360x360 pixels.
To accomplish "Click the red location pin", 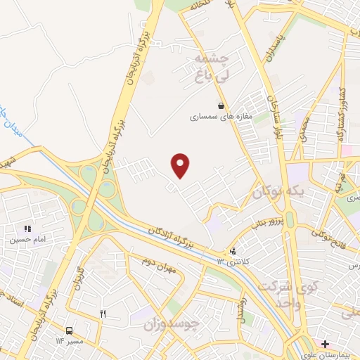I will click(181, 165).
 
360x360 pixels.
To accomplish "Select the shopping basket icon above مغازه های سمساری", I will click(221, 106).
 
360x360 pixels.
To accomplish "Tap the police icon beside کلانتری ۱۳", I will click(233, 250).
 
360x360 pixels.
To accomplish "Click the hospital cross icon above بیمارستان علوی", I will click(325, 344).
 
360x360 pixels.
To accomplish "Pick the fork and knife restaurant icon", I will click(103, 314).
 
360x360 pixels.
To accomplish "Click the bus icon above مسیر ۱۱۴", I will click(68, 330).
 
